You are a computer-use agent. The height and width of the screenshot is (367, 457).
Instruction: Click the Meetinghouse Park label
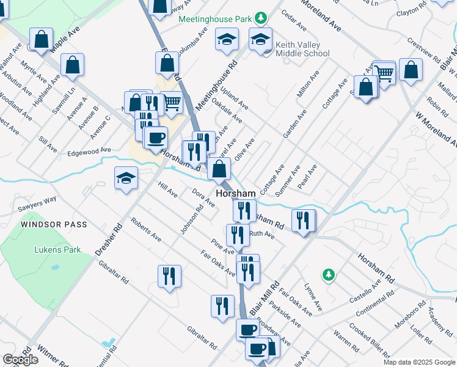tap(215, 18)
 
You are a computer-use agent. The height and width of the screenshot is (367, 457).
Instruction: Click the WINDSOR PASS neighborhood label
tap(54, 224)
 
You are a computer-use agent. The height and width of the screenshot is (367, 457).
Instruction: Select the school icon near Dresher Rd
tap(126, 178)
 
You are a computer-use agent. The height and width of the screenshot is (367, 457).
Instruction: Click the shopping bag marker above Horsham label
tap(219, 168)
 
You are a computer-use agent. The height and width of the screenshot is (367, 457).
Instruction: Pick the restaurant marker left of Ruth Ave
tap(238, 234)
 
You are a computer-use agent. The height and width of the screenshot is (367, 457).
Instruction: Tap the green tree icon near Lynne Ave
tap(329, 275)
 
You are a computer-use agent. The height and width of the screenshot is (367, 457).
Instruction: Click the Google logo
tap(20, 360)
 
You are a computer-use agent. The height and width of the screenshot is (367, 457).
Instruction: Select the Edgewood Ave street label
tap(89, 150)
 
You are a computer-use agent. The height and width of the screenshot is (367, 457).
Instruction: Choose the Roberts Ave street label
tap(145, 228)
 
